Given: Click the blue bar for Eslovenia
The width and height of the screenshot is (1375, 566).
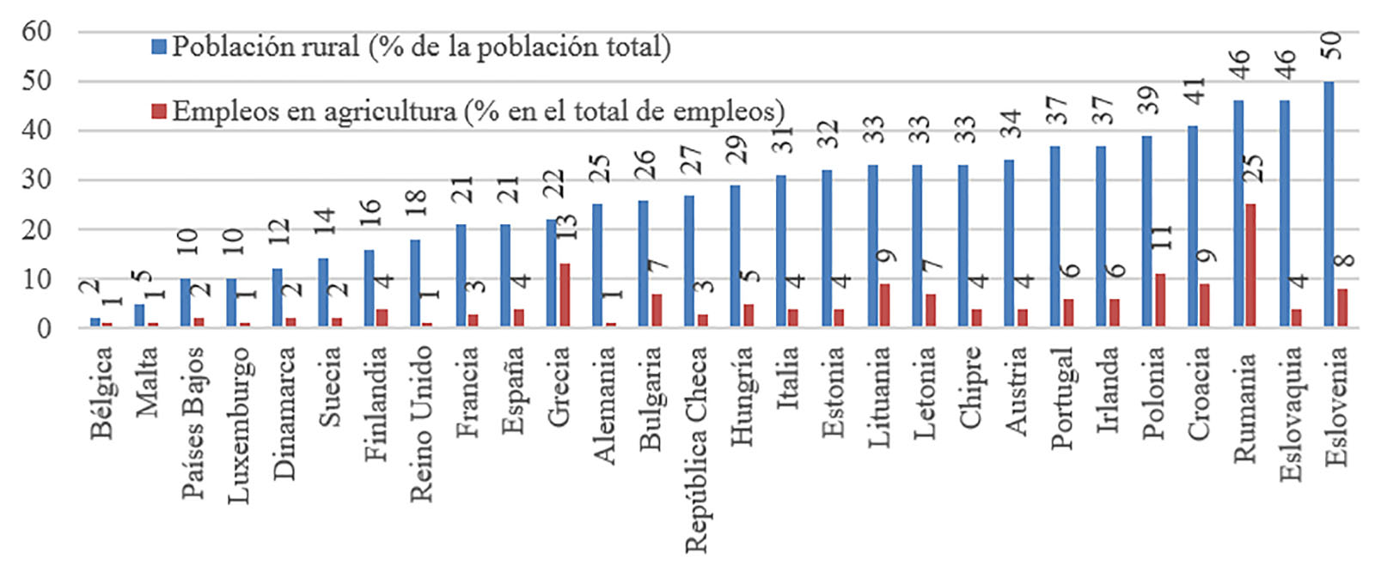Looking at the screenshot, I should pyautogui.click(x=1329, y=204).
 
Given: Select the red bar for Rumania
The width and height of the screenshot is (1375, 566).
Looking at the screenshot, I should pyautogui.click(x=1250, y=265).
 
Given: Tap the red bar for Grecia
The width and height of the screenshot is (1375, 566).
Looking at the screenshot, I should pyautogui.click(x=565, y=295).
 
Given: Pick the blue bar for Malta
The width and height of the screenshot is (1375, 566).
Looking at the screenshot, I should pyautogui.click(x=139, y=315).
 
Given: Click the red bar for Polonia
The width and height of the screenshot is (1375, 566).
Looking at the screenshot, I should pyautogui.click(x=1159, y=300).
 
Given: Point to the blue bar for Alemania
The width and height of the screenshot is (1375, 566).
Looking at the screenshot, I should pyautogui.click(x=597, y=265).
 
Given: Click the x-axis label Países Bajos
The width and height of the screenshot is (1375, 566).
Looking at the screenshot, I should pyautogui.click(x=193, y=421).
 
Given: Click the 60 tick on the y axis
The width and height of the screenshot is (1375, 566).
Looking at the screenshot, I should pyautogui.click(x=37, y=32).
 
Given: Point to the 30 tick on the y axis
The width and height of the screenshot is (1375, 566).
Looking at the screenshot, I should pyautogui.click(x=37, y=180).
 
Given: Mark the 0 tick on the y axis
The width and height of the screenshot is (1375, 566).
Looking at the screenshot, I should pyautogui.click(x=44, y=327).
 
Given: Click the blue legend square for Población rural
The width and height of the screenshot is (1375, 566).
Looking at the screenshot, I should pyautogui.click(x=159, y=46).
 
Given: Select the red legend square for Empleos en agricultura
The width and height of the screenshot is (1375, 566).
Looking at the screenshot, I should pyautogui.click(x=159, y=112).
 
